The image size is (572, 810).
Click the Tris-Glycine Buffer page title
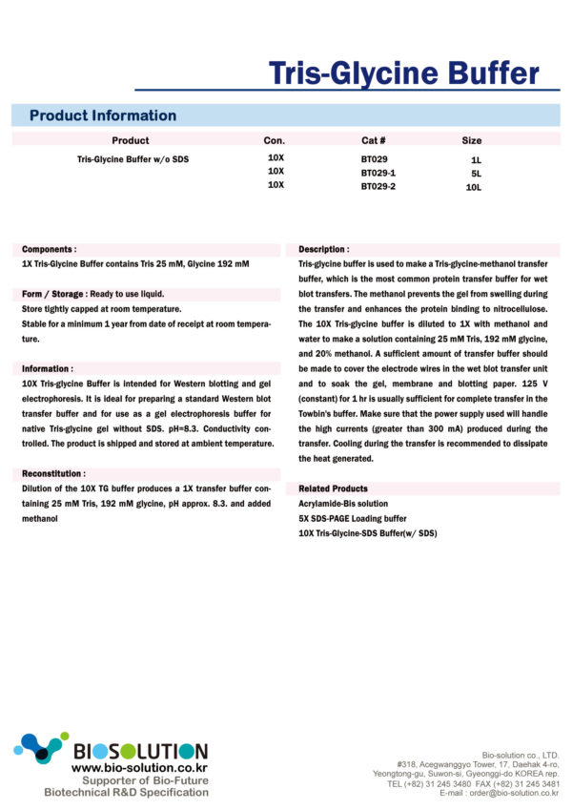[403, 73]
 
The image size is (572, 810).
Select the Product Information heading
[103, 115]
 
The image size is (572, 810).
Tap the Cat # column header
[373, 140]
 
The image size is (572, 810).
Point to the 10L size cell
[474, 188]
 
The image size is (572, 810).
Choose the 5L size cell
[476, 174]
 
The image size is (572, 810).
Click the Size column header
[472, 140]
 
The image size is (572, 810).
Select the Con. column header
[275, 140]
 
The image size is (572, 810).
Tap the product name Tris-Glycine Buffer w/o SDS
[133, 159]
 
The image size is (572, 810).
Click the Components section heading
[50, 248]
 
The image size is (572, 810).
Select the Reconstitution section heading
[53, 473]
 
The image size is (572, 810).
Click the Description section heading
[324, 249]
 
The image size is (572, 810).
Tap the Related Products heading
[333, 488]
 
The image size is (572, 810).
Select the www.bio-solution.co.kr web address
[139, 767]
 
